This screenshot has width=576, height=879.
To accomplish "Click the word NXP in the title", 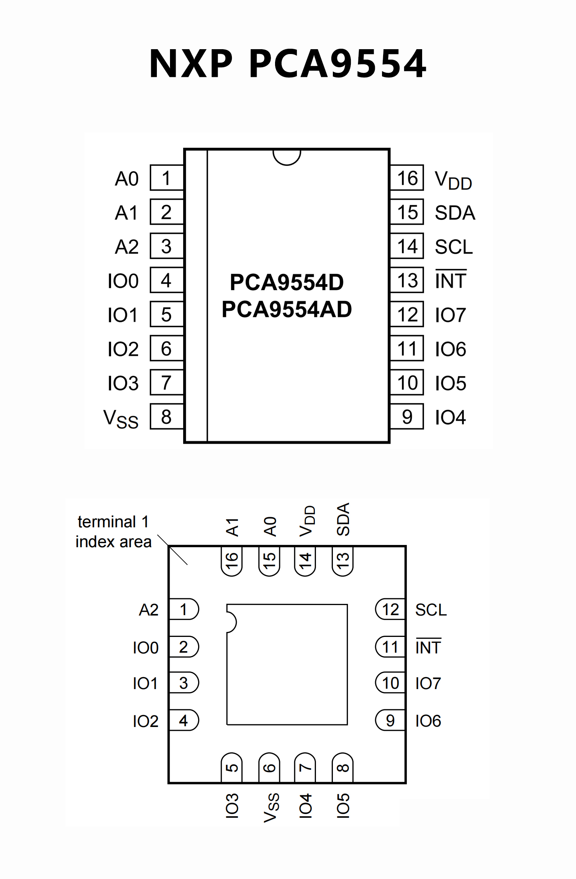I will (191, 64).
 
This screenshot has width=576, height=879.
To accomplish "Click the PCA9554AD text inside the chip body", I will (287, 309).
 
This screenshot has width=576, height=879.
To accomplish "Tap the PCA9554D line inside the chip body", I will (287, 282).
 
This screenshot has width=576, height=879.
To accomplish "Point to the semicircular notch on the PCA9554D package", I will (287, 157).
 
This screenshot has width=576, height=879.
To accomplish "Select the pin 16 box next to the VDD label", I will (407, 178).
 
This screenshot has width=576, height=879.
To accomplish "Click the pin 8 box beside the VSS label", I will (167, 417).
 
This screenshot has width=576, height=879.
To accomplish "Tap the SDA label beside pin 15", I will (455, 213).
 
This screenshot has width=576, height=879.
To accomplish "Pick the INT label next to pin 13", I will (451, 280).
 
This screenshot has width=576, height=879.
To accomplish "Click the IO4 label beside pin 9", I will (450, 417).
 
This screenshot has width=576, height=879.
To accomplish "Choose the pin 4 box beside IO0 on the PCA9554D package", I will (167, 280).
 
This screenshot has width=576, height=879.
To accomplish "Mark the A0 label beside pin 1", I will (127, 179).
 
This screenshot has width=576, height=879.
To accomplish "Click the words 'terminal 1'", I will (113, 522).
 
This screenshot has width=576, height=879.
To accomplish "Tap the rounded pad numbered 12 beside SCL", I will (390, 610).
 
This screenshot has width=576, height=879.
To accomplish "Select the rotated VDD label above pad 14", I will (307, 521).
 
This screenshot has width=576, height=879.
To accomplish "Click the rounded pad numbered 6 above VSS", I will (269, 768).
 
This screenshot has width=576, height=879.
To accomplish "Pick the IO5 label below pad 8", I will (343, 806).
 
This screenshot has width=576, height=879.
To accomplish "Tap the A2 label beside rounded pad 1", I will (149, 610).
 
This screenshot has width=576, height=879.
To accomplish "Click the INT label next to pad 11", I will (428, 647).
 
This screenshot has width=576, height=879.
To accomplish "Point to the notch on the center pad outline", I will (231, 622).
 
